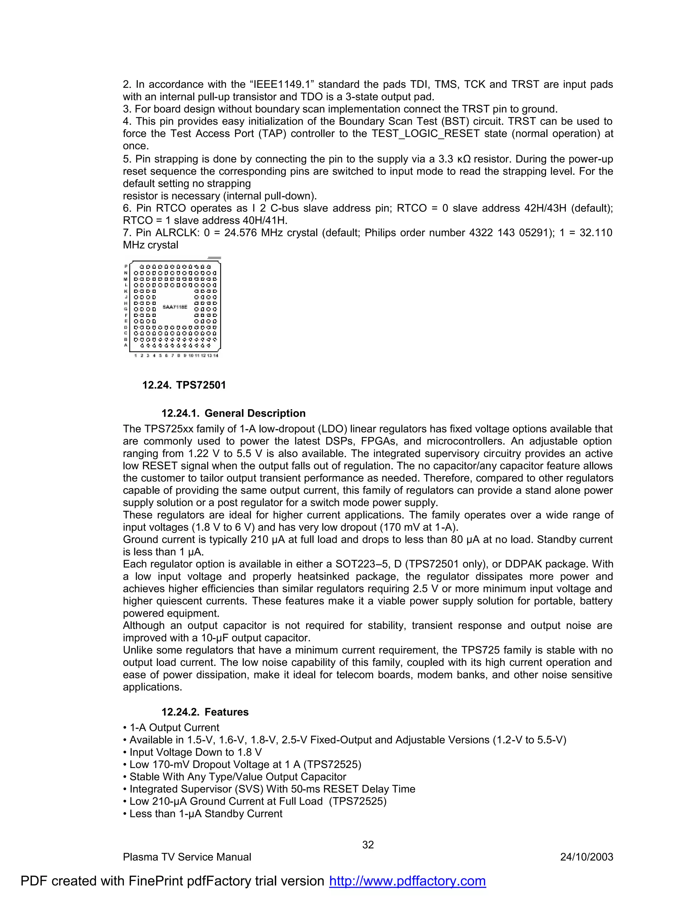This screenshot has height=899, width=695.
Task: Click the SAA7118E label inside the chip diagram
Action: [175, 307]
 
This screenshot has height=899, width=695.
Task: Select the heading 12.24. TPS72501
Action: [184, 385]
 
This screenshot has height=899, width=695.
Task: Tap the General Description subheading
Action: [233, 413]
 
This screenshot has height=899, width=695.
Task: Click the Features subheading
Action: [205, 712]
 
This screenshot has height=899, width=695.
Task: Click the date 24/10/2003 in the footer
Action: [586, 857]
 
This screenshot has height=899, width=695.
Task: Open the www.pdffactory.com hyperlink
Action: [407, 881]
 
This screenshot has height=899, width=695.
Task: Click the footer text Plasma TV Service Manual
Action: [187, 857]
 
